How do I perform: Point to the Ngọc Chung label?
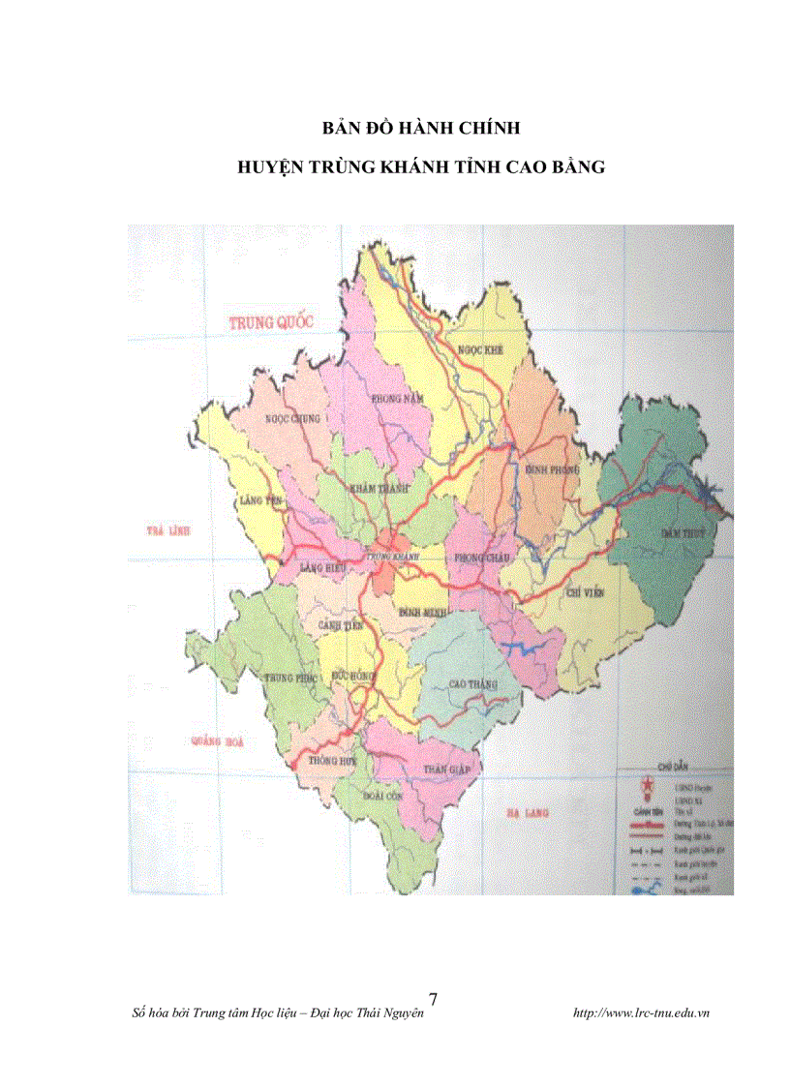291,419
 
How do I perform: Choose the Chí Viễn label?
585,589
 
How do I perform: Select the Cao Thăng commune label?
472,684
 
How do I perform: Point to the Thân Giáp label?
446,769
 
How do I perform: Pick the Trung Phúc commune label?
291,679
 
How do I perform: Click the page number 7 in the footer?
433,999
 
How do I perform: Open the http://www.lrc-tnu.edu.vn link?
642,1013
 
